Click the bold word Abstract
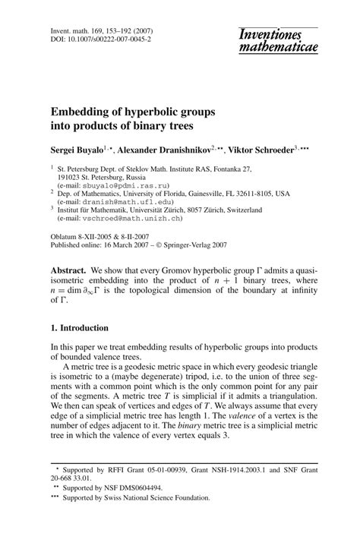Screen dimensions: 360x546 point(68,270)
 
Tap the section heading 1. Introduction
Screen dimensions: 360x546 point(78,328)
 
